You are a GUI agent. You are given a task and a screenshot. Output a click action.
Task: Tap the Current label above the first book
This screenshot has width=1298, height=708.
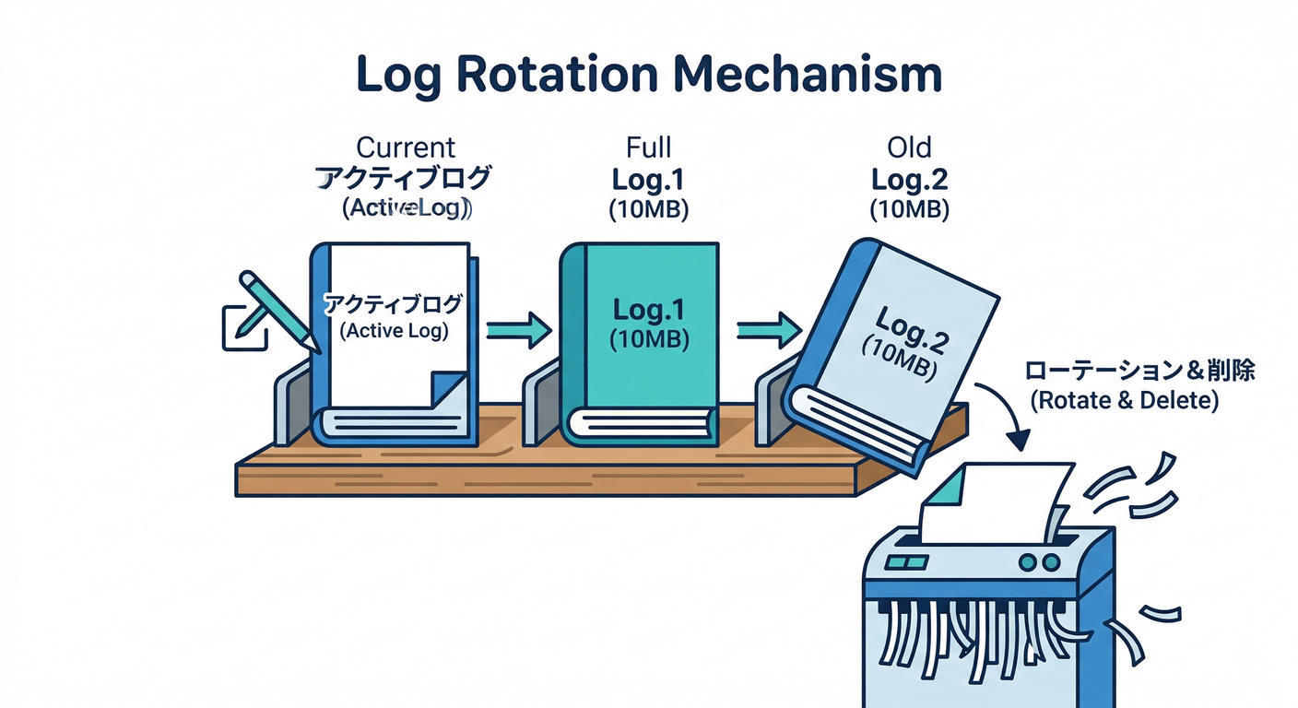(x=406, y=147)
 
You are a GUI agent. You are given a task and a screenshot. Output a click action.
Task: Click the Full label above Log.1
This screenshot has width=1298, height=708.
(x=649, y=147)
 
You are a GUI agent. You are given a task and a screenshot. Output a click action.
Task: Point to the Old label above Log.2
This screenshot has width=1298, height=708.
(x=909, y=147)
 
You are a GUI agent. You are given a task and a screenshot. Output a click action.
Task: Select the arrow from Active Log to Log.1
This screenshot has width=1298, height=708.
(x=517, y=328)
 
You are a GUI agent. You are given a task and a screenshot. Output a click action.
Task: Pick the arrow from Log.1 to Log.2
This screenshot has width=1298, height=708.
(x=768, y=328)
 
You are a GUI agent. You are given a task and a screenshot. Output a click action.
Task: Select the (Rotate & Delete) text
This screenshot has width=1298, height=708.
(x=1125, y=402)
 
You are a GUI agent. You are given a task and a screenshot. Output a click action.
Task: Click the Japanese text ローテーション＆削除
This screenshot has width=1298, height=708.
(x=1139, y=372)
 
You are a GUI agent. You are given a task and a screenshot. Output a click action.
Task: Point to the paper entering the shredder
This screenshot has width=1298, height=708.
(x=996, y=502)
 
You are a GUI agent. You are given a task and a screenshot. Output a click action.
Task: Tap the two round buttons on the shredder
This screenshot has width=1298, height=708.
(x=1038, y=561)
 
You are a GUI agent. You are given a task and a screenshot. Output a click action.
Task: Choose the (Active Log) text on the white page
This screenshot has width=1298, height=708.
(x=395, y=331)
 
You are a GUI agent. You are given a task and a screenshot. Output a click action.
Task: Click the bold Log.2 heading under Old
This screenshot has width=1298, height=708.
(x=909, y=180)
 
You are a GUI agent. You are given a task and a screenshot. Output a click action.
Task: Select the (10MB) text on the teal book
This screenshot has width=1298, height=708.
(x=649, y=339)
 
